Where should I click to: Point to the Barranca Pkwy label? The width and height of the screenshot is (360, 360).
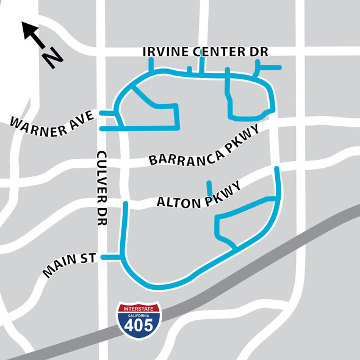[x=204, y=147]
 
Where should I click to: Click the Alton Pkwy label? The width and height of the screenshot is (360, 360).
[x=200, y=197]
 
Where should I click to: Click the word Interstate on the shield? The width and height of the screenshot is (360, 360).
[x=140, y=309]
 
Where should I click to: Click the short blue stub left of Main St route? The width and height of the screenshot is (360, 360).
[x=110, y=257]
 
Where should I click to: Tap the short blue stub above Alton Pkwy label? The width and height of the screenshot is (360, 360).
[x=209, y=186]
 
